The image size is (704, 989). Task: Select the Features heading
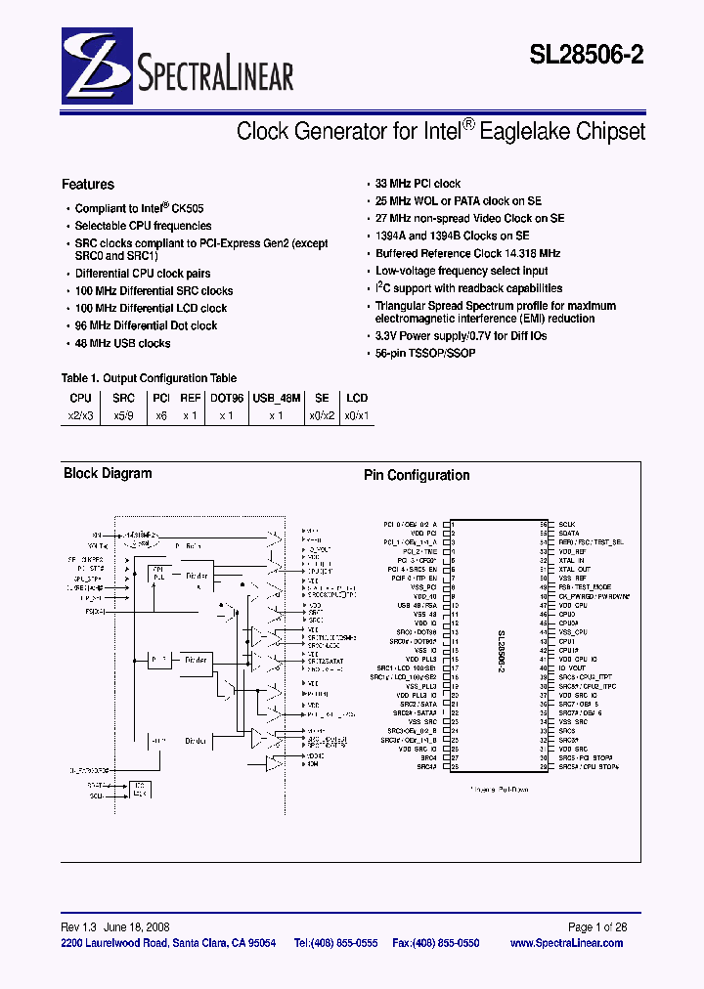pos(88,184)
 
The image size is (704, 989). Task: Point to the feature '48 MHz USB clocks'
pos(122,343)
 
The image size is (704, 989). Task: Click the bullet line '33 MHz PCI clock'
pos(418,184)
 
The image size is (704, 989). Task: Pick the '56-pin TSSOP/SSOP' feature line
pos(425,353)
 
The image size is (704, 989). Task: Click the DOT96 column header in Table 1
pos(226,398)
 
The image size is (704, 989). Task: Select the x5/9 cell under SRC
pos(123,414)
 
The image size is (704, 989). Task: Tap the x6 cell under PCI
pos(161,414)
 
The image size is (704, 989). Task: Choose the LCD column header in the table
pos(357,398)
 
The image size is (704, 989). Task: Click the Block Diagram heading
pos(108,474)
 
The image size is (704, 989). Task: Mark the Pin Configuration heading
pos(417,476)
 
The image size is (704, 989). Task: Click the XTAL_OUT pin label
pos(575,569)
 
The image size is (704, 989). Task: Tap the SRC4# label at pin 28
pos(427,767)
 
